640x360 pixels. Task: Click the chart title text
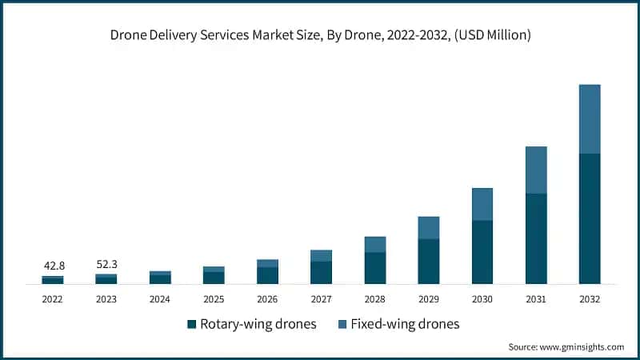[320, 35]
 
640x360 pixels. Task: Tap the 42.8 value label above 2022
[53, 265]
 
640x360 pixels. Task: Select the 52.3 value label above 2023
[106, 263]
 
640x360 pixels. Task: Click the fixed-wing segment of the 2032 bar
[590, 118]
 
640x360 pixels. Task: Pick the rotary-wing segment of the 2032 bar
[590, 218]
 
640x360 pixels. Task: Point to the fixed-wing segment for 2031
[536, 170]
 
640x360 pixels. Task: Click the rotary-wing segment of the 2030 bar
[482, 252]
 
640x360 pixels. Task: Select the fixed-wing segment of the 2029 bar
[429, 227]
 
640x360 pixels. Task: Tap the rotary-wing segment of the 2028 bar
[375, 268]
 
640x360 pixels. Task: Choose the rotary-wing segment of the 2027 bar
[321, 272]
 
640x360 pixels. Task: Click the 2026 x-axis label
[267, 298]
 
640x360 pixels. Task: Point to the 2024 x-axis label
[160, 298]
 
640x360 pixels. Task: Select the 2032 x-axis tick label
[590, 298]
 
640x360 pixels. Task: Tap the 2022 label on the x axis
[53, 298]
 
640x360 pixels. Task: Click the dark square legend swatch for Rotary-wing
[192, 324]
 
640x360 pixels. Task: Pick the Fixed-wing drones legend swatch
[342, 324]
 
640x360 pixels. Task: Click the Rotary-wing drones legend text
[258, 324]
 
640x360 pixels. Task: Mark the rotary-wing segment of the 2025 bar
[214, 278]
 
